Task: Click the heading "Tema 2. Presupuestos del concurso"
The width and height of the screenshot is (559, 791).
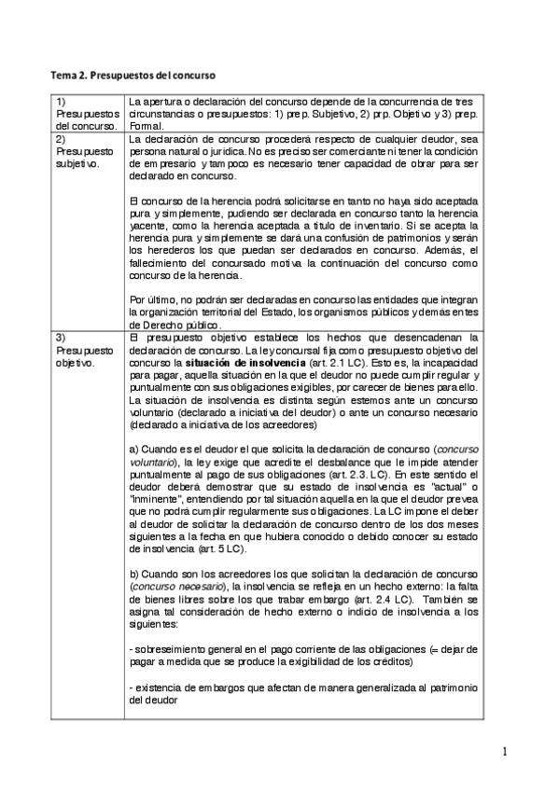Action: tap(137, 73)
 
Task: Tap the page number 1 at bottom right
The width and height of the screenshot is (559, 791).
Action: tap(504, 751)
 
